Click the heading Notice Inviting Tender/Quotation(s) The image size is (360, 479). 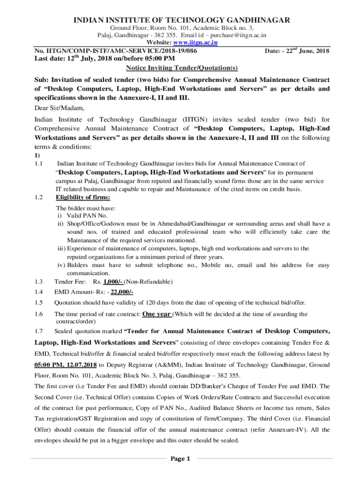tap(180, 68)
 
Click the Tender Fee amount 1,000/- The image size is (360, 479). tap(109, 282)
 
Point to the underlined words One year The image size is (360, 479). tap(157, 314)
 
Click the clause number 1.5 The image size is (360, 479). tap(39, 303)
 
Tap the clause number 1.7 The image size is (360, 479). tap(39, 332)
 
